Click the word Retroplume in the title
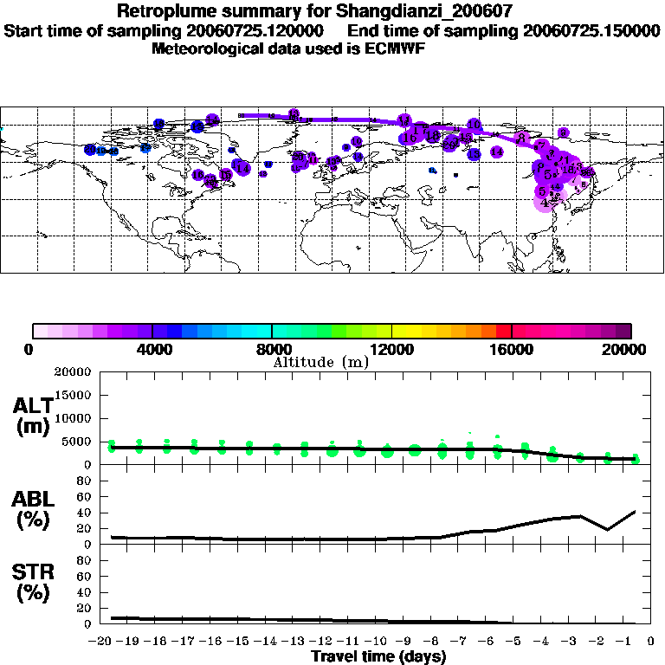[161, 12]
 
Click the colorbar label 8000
[273, 350]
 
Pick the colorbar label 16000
[513, 350]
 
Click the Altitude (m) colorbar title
[320, 362]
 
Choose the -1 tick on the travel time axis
[632, 642]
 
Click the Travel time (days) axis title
[378, 657]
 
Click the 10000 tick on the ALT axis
[73, 418]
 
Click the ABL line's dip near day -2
[608, 529]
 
